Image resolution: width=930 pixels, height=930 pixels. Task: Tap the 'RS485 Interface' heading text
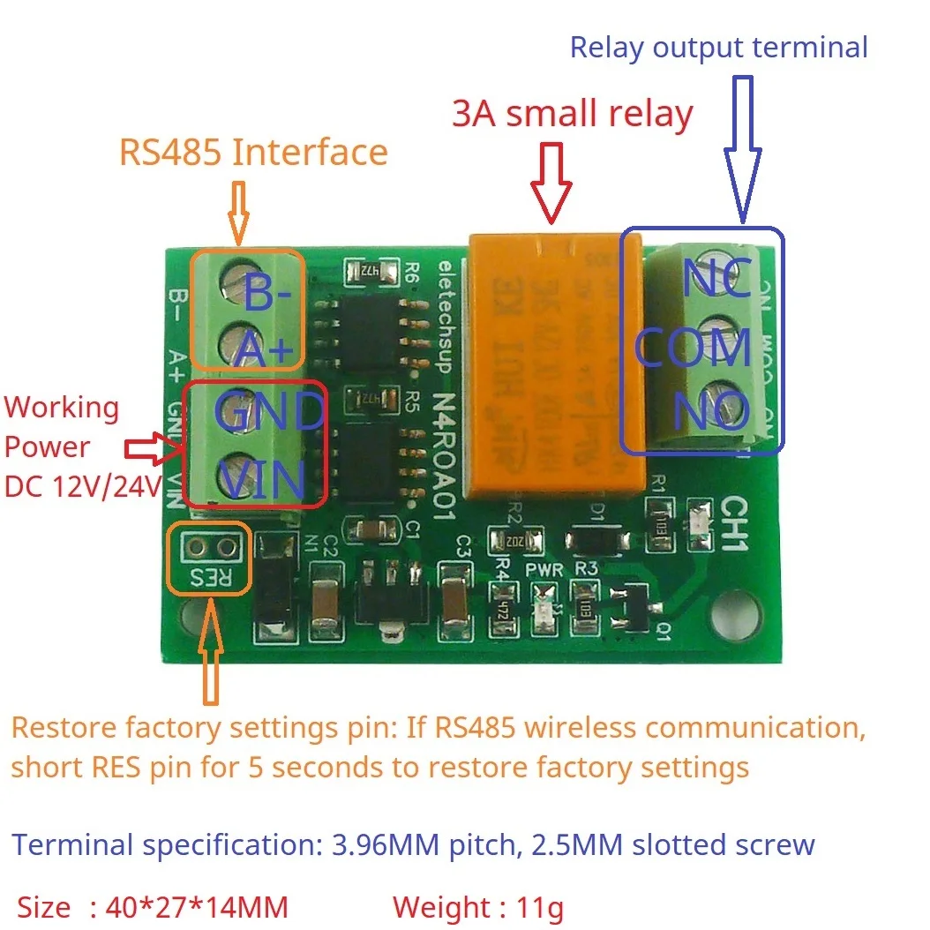(x=253, y=153)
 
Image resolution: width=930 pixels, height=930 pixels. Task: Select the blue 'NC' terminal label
(x=716, y=281)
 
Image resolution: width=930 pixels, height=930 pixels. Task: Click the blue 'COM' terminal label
(x=694, y=348)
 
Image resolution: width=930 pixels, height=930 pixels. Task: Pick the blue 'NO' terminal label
(x=711, y=411)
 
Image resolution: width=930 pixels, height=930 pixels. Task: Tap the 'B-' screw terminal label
(x=262, y=296)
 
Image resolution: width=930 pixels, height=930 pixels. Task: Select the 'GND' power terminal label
(x=269, y=412)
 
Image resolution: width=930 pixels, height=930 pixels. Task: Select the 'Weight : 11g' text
(x=477, y=907)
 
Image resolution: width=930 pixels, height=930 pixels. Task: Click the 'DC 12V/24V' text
(x=83, y=485)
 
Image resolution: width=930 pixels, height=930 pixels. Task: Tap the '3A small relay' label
(x=572, y=114)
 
